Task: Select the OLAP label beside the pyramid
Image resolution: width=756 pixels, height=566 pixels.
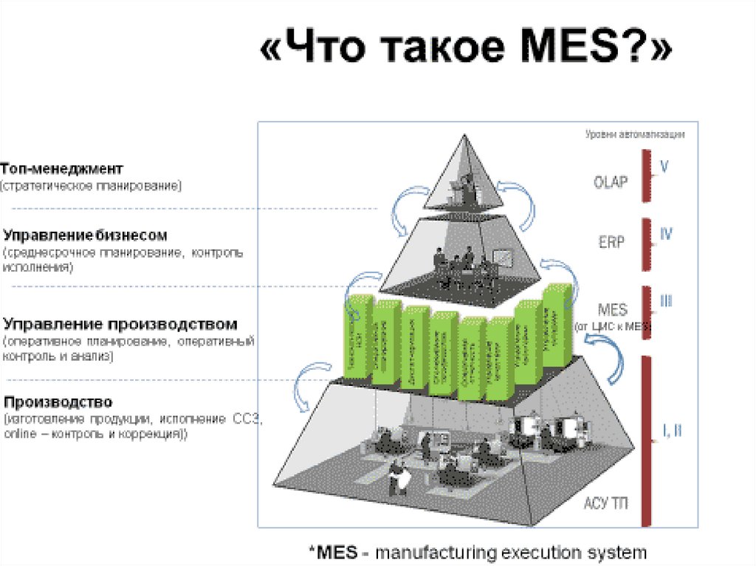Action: pos(611,181)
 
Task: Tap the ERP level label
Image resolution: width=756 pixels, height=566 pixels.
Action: pos(610,241)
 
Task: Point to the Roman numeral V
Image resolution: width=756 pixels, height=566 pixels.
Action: pos(664,167)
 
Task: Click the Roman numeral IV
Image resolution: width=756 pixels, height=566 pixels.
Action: pos(665,235)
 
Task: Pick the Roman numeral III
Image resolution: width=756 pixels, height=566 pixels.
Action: pos(665,301)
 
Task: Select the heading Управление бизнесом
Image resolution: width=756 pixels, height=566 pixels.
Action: pos(85,235)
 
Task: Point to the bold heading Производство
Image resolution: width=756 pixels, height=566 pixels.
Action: pos(58,402)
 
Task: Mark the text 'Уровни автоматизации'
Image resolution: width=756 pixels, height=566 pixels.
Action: pos(635,135)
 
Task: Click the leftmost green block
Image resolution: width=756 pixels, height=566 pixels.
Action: pos(357,336)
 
